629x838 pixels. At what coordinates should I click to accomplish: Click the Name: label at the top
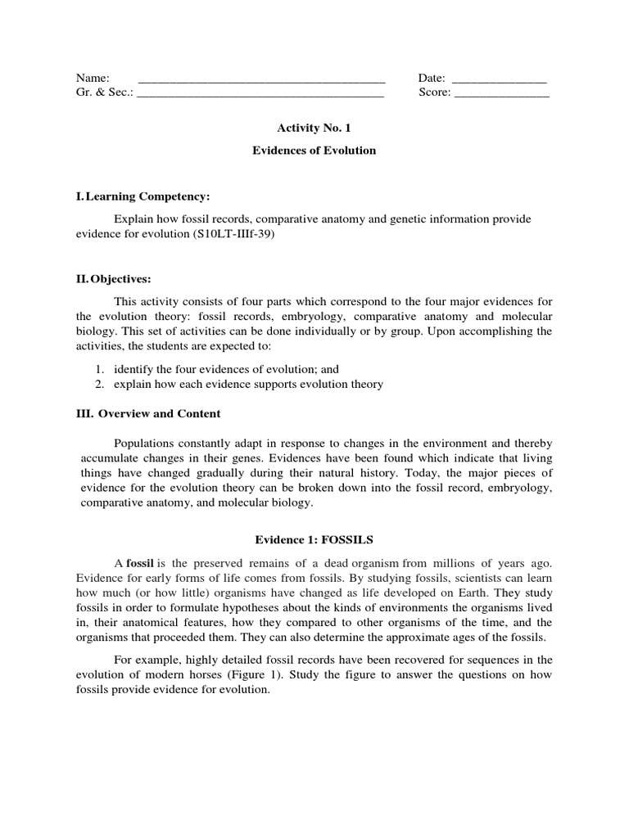tap(93, 78)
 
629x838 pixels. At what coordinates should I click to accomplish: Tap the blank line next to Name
tap(261, 80)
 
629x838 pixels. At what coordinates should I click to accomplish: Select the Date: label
tap(432, 78)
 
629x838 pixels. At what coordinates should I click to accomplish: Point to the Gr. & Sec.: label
tap(104, 92)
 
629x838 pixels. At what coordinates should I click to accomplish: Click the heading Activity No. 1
tap(314, 128)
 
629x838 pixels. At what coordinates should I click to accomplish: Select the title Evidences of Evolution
tap(314, 151)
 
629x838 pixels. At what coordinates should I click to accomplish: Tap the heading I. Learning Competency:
tap(143, 197)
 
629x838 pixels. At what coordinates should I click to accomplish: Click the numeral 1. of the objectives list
tap(99, 369)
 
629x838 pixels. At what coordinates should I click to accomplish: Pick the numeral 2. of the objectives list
tap(99, 384)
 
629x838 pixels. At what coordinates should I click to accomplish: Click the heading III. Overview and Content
tap(148, 413)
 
